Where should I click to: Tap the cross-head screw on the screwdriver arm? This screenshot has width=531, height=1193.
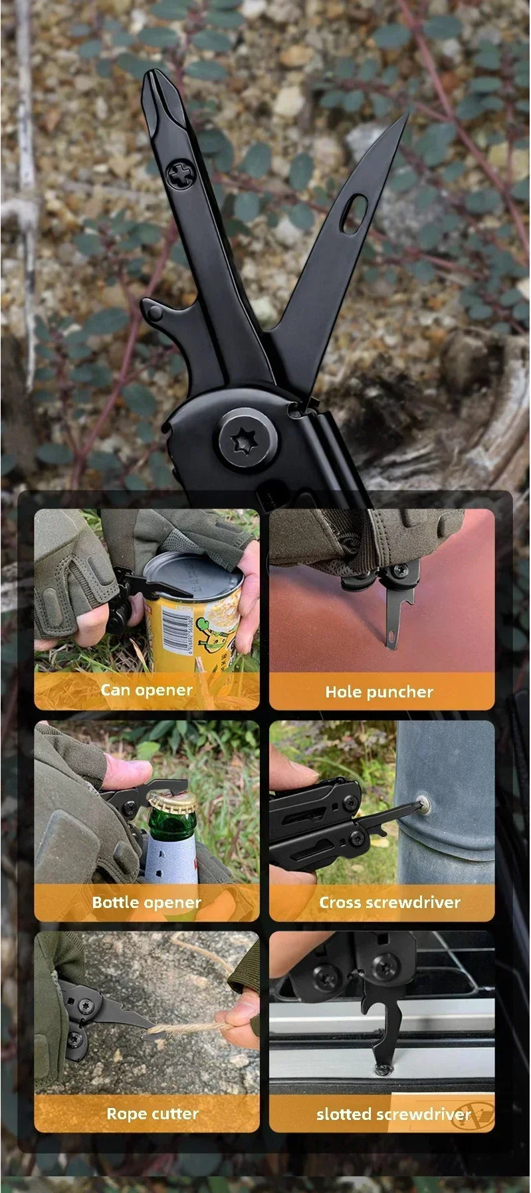178,175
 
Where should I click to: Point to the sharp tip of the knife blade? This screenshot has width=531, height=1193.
405,115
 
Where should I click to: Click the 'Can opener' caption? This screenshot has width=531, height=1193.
146,690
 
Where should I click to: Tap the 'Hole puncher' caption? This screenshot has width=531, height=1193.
379,692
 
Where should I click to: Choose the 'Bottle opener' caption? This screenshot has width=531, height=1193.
146,902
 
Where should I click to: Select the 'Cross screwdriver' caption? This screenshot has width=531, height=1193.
389,902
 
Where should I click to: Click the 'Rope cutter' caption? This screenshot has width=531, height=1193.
152,1114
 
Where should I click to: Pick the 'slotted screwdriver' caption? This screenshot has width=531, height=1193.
393,1114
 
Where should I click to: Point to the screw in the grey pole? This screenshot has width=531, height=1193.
423,806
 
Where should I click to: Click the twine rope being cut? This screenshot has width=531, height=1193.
193,1028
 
